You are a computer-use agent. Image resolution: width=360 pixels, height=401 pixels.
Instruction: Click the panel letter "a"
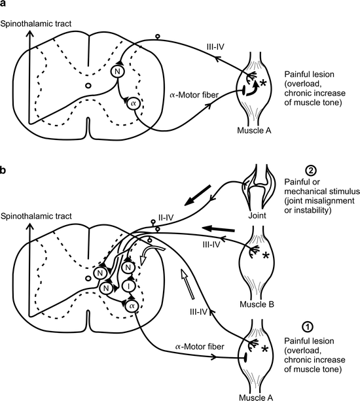point(4,6)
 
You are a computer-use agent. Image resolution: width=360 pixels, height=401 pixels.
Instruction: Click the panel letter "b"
point(4,171)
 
